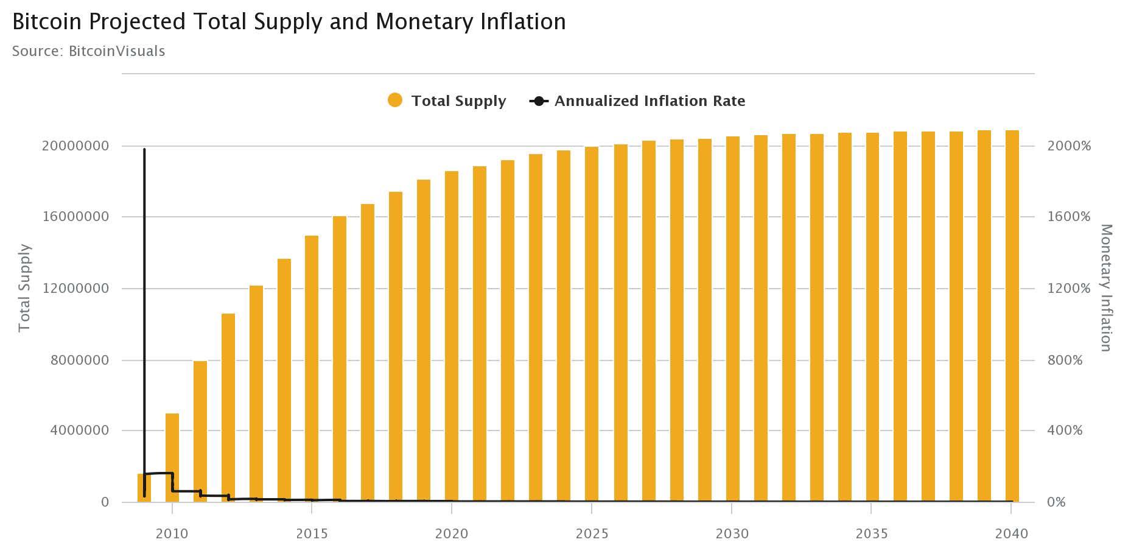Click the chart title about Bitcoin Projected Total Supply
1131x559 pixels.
289,22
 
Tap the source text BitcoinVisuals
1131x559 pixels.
88,51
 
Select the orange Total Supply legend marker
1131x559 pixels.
395,100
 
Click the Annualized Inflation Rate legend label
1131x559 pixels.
650,101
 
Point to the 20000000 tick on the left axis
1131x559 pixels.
75,146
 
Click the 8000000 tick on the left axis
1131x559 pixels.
80,360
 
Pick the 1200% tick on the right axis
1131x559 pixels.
1068,289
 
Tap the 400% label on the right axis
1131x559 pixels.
1065,431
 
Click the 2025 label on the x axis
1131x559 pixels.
592,534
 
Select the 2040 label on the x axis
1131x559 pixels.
1011,534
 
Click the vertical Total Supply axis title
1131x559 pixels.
24,288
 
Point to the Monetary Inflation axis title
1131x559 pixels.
1106,287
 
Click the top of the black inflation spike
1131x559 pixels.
144,150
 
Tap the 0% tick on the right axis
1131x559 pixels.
1056,502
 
